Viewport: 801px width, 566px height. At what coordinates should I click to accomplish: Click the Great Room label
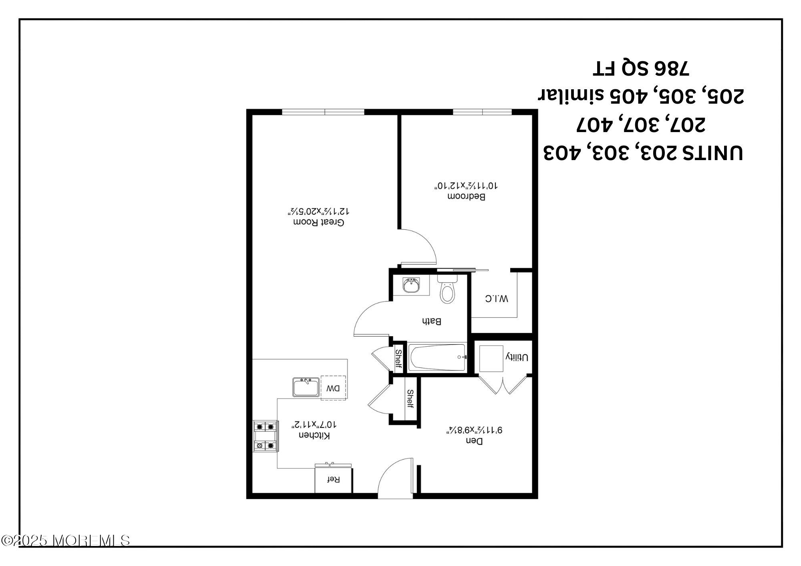pos(319,222)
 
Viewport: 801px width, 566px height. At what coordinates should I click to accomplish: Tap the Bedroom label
pos(466,197)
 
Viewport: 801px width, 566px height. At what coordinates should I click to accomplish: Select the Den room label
pos(474,441)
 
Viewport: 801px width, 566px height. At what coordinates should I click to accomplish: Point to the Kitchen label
pos(314,436)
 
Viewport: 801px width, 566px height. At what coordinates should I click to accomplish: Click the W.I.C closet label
pos(497,298)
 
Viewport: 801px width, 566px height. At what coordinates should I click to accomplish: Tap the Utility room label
pos(517,357)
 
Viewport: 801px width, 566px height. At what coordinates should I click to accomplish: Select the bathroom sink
pos(411,285)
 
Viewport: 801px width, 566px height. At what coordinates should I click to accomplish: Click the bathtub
pos(437,357)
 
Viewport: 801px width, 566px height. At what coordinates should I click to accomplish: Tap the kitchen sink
pos(306,387)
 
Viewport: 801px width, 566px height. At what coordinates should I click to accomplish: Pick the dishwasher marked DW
pos(333,387)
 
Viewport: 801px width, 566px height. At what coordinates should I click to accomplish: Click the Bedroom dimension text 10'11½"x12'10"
pos(466,186)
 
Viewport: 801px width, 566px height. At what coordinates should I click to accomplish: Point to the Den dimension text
pos(474,430)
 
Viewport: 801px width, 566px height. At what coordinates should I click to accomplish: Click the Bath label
pos(431,321)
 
